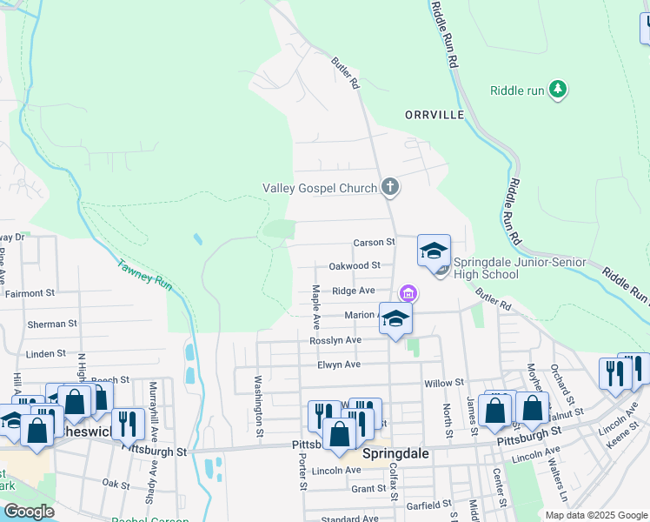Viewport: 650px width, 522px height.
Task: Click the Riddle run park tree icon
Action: [558, 90]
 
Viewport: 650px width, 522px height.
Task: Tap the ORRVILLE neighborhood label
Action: [434, 115]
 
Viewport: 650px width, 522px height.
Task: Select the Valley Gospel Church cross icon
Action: [390, 186]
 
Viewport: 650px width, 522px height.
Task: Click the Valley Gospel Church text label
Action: [320, 188]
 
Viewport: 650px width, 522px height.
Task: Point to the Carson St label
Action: [374, 242]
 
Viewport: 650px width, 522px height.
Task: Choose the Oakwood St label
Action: [355, 265]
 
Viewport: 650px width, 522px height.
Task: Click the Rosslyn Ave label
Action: [335, 340]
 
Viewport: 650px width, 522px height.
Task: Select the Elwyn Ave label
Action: [338, 365]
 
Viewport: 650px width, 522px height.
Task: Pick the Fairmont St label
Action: [30, 293]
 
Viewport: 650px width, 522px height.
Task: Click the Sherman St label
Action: [46, 324]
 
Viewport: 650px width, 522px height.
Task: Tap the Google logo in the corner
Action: [29, 512]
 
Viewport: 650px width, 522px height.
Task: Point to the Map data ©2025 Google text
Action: [595, 515]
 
